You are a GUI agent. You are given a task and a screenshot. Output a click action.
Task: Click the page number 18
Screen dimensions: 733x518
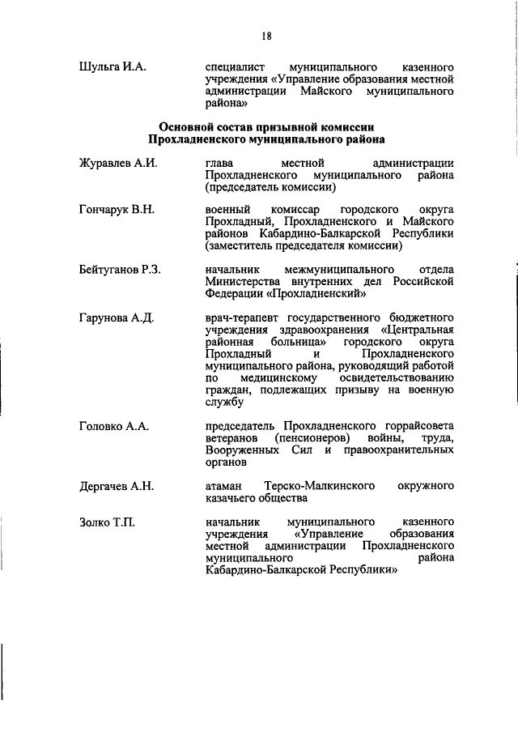(266, 36)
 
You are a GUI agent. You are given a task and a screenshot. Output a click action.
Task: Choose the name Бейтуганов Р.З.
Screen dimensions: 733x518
(121, 269)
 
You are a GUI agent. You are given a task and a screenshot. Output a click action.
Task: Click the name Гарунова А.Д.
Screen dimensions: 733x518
(117, 317)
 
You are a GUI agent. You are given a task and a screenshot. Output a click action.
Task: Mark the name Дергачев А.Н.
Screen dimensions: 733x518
(117, 486)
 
